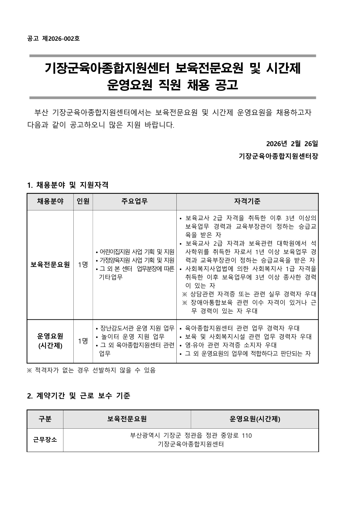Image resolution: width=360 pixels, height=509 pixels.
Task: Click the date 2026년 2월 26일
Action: click(292, 143)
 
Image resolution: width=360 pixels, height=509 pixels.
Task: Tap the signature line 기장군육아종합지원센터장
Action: click(278, 156)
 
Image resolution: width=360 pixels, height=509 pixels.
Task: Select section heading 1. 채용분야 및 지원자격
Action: click(68, 185)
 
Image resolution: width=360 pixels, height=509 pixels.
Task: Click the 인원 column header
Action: click(83, 201)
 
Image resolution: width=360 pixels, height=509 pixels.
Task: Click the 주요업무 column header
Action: click(134, 201)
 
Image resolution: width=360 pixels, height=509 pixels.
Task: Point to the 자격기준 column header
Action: click(247, 201)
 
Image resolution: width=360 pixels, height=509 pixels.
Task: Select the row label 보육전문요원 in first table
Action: click(50, 265)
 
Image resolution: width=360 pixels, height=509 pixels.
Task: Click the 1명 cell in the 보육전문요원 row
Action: click(83, 265)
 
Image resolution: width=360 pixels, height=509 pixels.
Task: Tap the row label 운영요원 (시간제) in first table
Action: click(50, 341)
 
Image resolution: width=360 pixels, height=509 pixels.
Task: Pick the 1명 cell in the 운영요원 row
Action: click(83, 341)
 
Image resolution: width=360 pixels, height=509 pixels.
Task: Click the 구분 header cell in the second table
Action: click(45, 419)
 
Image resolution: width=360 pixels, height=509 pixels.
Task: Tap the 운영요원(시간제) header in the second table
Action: click(255, 419)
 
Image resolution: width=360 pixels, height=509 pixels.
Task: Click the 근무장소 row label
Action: click(45, 440)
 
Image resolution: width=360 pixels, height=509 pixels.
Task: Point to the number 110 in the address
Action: click(247, 436)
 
